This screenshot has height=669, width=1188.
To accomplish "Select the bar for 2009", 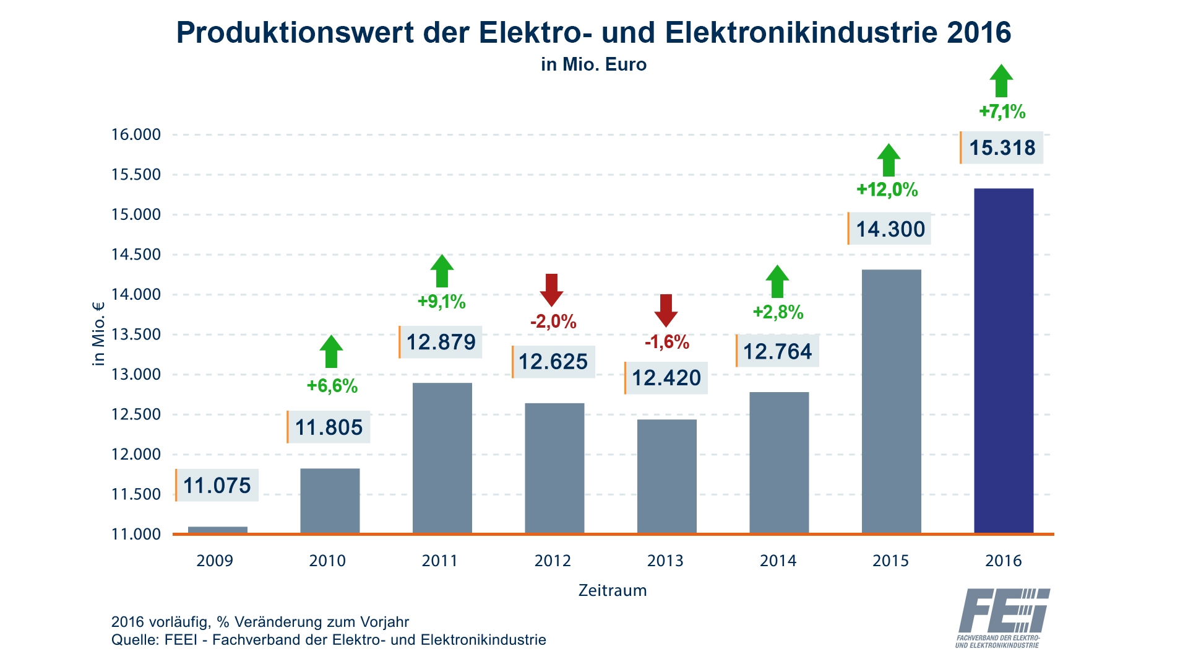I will [x=217, y=530].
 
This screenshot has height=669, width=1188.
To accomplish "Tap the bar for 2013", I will [x=666, y=476].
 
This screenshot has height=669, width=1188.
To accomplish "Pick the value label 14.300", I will [x=890, y=229].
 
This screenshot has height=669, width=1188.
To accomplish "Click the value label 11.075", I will [x=217, y=486].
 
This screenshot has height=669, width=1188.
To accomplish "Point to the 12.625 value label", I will [x=553, y=362].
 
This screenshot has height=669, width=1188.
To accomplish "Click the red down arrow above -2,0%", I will [x=551, y=289].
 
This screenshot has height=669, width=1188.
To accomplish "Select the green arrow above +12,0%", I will [x=889, y=160].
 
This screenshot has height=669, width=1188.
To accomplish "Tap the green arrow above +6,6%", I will [x=331, y=351].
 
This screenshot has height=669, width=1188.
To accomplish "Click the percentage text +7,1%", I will [x=1002, y=112].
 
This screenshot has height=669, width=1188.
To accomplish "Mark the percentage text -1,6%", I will [x=666, y=342].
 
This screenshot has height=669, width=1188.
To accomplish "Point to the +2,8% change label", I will [x=778, y=312].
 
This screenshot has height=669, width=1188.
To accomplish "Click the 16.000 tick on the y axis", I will [x=136, y=134].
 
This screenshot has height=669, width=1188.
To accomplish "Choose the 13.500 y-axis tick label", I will [x=136, y=334].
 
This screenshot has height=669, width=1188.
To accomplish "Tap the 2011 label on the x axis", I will [x=439, y=561].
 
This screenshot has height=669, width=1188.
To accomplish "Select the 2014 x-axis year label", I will [x=778, y=561].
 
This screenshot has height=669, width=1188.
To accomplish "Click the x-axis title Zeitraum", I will [x=612, y=590].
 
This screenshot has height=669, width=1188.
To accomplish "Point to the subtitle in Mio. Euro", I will [x=593, y=64].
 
